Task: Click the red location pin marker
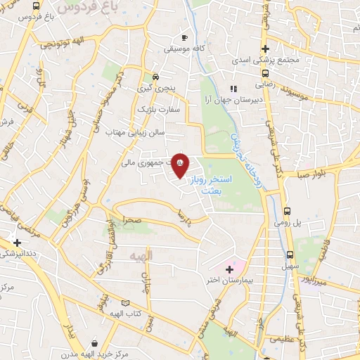(x=180, y=165)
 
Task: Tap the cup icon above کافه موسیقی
(x=184, y=37)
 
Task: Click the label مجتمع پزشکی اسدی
(x=265, y=60)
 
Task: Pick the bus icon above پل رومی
(x=288, y=210)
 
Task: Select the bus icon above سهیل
(x=290, y=255)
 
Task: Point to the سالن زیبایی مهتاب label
(x=135, y=131)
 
